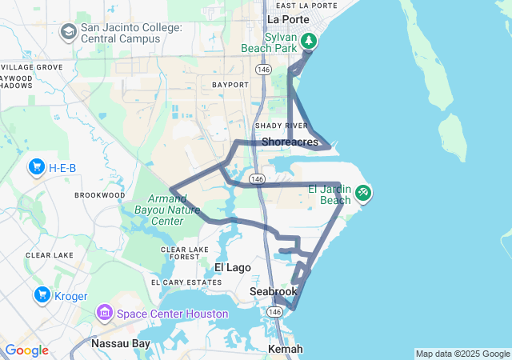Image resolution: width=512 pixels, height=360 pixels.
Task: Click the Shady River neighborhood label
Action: coord(281,126)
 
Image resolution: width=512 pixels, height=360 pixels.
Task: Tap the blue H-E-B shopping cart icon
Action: coord(36,167)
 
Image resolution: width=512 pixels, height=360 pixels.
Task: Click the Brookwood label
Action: coord(100,195)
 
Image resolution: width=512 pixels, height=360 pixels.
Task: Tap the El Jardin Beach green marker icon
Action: coord(363,192)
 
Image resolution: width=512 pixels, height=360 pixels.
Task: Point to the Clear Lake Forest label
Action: coord(185,254)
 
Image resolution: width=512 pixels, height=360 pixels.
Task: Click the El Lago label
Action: coord(233,267)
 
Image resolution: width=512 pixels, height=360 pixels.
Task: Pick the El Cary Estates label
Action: coord(186,282)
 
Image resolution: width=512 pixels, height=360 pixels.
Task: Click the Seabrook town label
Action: coord(274,292)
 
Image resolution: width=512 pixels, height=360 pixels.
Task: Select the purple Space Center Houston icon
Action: coord(105,312)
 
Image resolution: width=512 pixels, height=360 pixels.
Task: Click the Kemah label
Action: coord(286,350)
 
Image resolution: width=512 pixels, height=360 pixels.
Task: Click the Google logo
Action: coord(26,350)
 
